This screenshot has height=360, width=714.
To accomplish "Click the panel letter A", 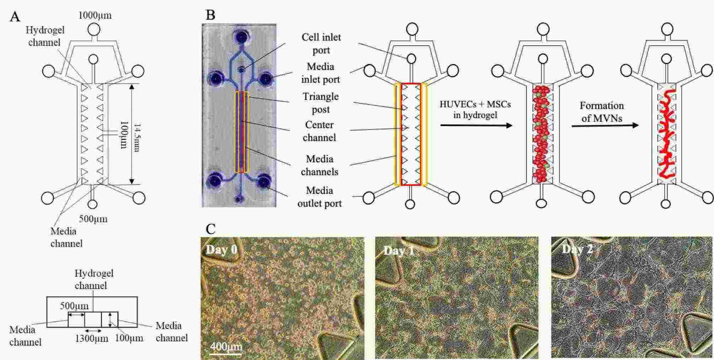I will (x=15, y=17).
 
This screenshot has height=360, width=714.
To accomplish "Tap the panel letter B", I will (x=211, y=15).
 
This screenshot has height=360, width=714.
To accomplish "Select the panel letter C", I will (x=211, y=229).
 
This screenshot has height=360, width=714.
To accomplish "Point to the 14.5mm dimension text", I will (x=135, y=138).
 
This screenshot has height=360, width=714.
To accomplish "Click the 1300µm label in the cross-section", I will (x=92, y=338).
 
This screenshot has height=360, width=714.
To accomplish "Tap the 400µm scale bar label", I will (x=225, y=346).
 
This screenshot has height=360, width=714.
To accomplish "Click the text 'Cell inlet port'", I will (x=321, y=43).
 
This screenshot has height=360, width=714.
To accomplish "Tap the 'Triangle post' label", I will (x=320, y=103).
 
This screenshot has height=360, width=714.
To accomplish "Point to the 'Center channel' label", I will (x=319, y=131).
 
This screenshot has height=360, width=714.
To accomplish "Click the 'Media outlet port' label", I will (x=319, y=197).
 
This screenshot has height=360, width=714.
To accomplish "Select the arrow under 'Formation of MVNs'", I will (x=605, y=126).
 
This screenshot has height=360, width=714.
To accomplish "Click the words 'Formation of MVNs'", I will (x=602, y=112).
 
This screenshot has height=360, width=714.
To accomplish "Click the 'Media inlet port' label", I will (x=320, y=73).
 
